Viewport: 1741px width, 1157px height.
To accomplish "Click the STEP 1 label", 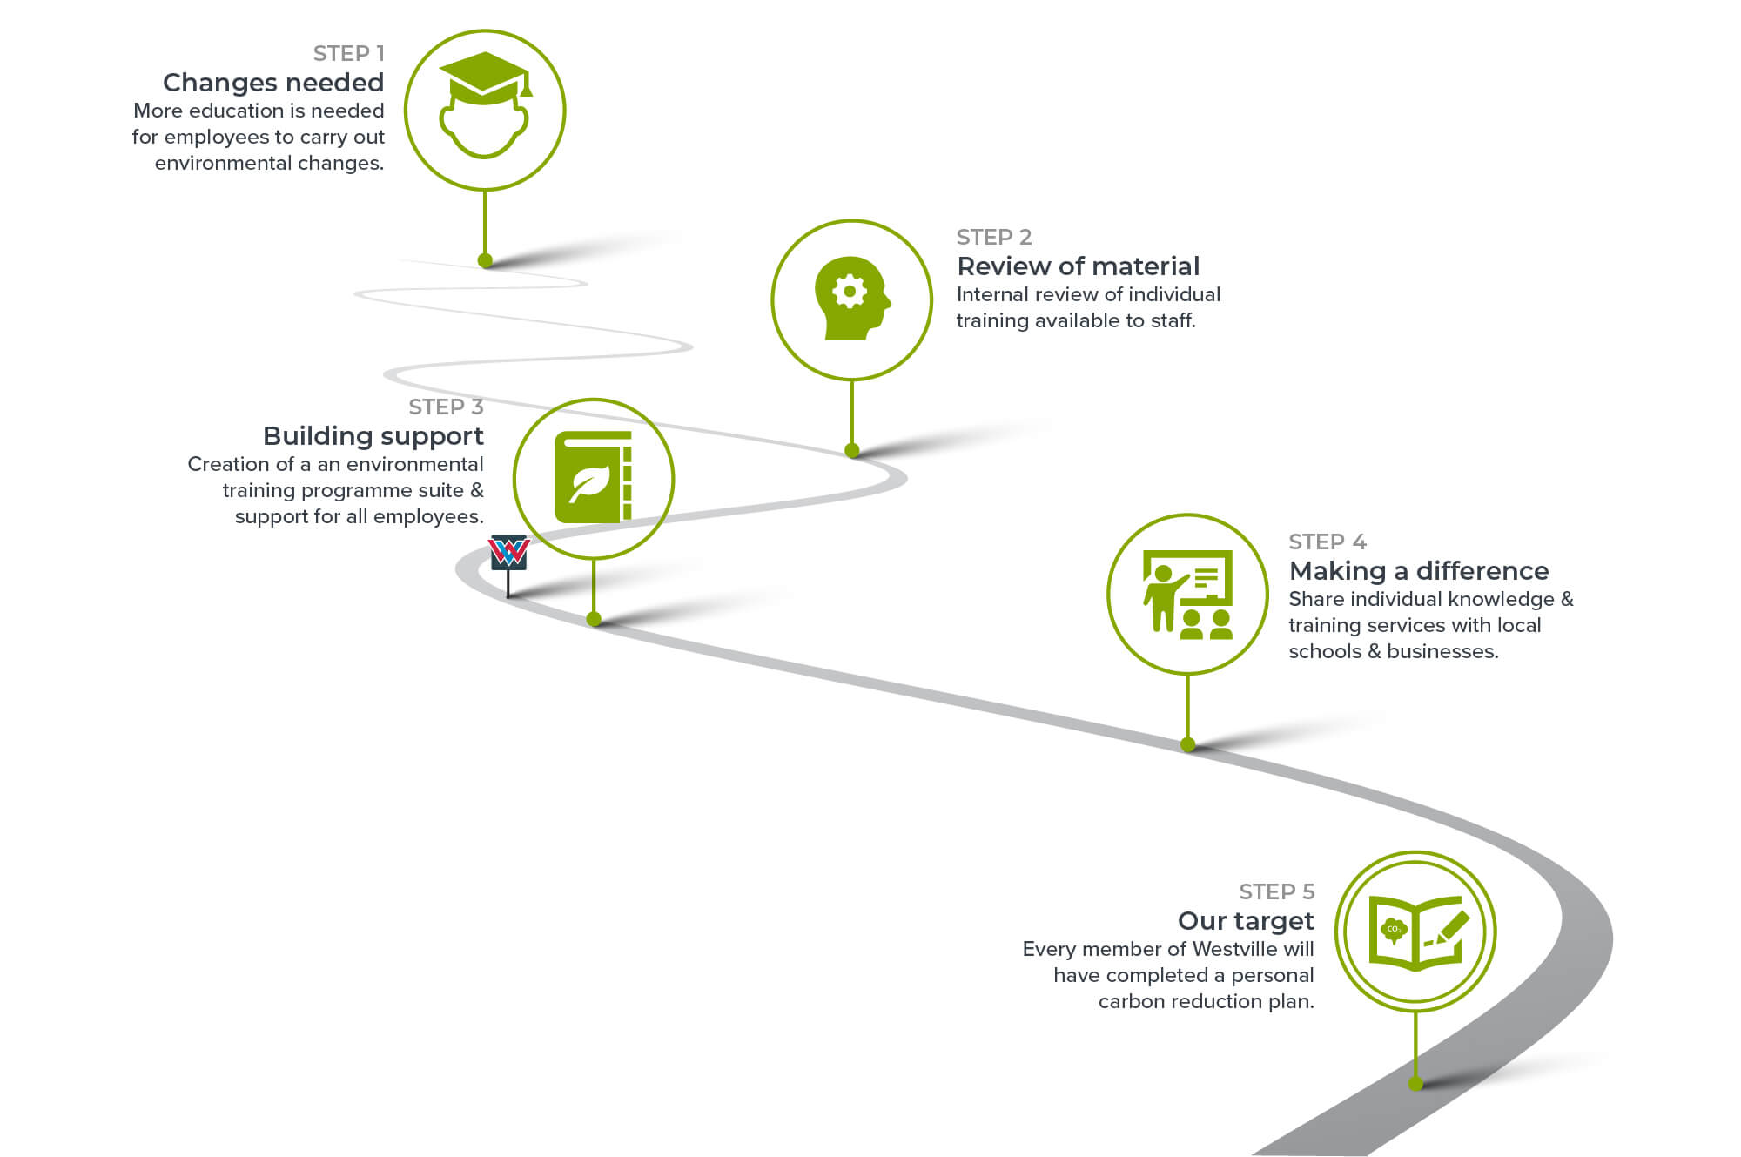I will (x=348, y=54).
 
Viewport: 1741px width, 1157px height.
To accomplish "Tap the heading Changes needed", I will (x=273, y=83).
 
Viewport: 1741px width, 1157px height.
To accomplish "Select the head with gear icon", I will (x=851, y=298).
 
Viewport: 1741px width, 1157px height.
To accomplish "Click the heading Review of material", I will (x=1078, y=266).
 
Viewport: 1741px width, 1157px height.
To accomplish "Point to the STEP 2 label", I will (x=993, y=237).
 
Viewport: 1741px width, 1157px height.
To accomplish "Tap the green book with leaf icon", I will (x=593, y=478).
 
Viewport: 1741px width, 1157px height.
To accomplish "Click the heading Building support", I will (x=373, y=436).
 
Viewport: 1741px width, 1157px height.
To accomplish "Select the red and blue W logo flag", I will (x=509, y=552).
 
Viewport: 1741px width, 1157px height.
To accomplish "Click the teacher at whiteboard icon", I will (x=1187, y=595).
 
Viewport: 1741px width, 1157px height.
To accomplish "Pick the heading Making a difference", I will (x=1418, y=571).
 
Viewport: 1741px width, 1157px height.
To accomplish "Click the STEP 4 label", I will (x=1327, y=542).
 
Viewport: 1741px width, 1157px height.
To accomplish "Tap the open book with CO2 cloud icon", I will (x=1415, y=932).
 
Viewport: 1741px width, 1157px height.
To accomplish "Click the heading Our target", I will (x=1245, y=921).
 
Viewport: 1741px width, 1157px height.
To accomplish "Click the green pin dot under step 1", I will (x=486, y=260).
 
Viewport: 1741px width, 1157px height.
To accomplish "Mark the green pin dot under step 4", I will (x=1187, y=744).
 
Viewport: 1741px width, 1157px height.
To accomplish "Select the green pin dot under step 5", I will (x=1415, y=1084).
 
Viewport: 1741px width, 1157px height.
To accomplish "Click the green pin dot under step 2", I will (x=852, y=450).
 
